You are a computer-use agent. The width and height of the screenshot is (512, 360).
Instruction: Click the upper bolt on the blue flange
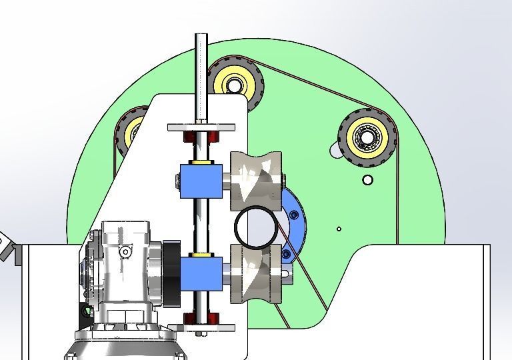295,215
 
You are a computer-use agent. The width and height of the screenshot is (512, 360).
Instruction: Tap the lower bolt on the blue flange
287,254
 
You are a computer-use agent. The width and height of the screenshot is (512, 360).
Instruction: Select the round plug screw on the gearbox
125,251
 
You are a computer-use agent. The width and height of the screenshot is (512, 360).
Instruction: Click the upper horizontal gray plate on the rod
201,127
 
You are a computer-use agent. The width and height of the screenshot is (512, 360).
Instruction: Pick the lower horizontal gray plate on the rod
201,327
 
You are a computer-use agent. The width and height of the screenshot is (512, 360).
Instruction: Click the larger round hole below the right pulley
367,179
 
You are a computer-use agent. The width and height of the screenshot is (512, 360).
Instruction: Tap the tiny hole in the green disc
339,229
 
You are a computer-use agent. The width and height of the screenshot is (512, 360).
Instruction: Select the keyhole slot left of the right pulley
335,151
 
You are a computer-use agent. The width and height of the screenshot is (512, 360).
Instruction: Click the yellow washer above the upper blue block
201,161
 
